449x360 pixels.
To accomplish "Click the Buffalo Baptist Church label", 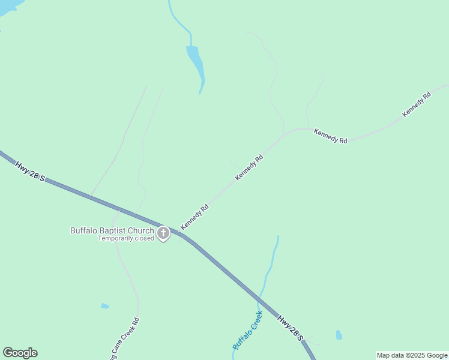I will pyautogui.click(x=112, y=230).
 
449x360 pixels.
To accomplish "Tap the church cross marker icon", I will pyautogui.click(x=163, y=233).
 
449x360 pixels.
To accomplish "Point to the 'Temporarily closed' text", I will pyautogui.click(x=127, y=238).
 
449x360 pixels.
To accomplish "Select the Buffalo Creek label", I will pyautogui.click(x=248, y=331).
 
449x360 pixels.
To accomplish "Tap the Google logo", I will pyautogui.click(x=20, y=353).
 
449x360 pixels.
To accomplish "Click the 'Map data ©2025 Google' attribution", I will pyautogui.click(x=412, y=355).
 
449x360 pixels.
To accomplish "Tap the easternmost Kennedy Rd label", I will pyautogui.click(x=417, y=104).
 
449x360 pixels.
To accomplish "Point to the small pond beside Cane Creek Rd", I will pyautogui.click(x=105, y=306).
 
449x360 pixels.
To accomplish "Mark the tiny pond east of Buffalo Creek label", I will pyautogui.click(x=339, y=335).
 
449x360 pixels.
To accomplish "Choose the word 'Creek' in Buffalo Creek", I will pyautogui.click(x=255, y=321).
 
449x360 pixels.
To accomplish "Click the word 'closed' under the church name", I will pyautogui.click(x=144, y=238).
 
